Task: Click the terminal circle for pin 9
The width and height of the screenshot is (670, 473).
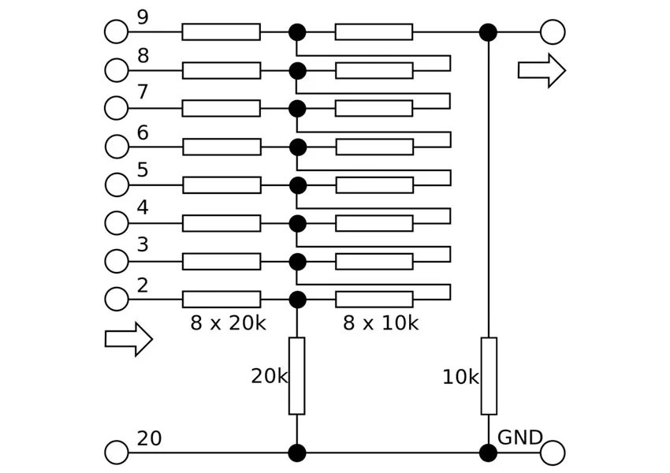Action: click(116, 32)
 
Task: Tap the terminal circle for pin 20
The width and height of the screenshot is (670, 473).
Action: click(116, 453)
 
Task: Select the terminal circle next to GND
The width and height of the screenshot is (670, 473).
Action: click(553, 453)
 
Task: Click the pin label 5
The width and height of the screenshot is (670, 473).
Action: click(143, 170)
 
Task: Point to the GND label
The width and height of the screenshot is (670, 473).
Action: click(520, 438)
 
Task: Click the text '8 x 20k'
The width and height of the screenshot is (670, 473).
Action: click(228, 322)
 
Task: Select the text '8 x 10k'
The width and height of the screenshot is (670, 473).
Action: click(380, 322)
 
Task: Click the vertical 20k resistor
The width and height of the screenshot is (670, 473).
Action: click(296, 375)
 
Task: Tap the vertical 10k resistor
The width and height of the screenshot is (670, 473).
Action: click(489, 375)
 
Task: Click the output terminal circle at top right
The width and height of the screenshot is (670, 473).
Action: click(553, 32)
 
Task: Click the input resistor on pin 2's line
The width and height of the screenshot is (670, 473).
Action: click(221, 300)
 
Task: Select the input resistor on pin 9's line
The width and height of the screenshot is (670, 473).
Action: click(221, 32)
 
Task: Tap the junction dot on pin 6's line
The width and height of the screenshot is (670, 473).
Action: click(297, 147)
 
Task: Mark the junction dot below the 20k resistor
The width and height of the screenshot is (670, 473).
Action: click(297, 453)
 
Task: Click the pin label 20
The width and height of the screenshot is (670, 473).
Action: click(149, 438)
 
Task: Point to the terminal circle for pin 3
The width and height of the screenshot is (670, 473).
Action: click(116, 261)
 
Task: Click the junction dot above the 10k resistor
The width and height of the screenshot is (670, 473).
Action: click(488, 32)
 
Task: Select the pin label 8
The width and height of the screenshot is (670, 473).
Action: click(143, 55)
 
